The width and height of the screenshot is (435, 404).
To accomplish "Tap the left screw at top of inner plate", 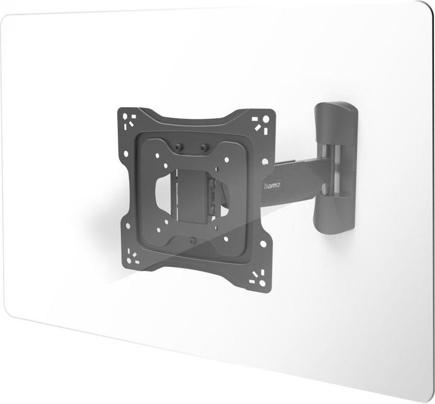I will point(178,147).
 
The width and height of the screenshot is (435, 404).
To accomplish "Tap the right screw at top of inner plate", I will point(204,147).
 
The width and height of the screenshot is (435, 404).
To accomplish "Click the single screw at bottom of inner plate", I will point(192,240).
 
